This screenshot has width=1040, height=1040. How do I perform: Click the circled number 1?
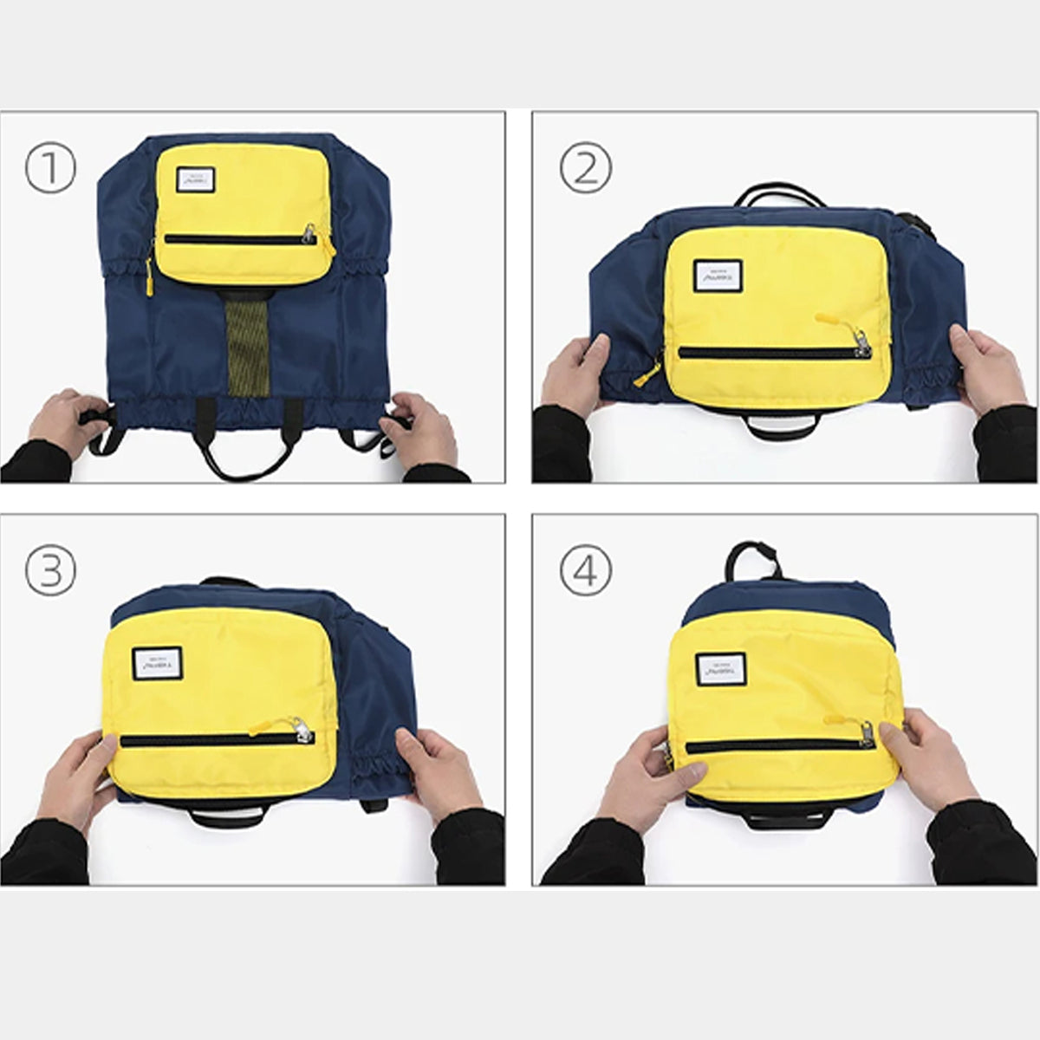click(50, 168)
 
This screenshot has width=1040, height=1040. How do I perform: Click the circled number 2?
click(586, 168)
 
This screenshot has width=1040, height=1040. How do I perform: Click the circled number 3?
click(50, 570)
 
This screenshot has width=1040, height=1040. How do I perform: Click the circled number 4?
click(586, 570)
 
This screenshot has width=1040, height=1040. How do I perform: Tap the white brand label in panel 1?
click(195, 179)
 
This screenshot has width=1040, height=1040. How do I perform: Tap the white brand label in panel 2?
click(718, 276)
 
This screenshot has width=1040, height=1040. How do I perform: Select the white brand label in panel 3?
click(153, 664)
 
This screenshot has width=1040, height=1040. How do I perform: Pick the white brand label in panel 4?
click(720, 670)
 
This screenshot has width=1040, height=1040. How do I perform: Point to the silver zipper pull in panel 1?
click(309, 232)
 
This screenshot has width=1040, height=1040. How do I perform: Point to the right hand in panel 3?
click(439, 771)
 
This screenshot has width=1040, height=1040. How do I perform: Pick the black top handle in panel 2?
click(775, 196)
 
